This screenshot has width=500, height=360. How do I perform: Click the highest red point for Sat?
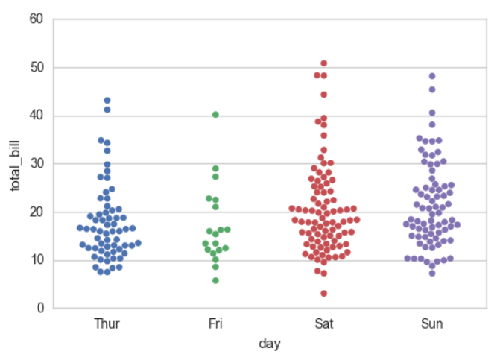coord(323,63)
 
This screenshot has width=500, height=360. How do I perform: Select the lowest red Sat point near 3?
coord(323,294)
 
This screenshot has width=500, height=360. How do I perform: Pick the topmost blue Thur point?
coord(107,101)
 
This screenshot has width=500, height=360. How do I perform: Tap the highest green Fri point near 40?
coord(215,115)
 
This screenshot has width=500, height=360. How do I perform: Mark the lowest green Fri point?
coord(215,280)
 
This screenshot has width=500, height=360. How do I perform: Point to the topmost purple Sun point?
coord(432,76)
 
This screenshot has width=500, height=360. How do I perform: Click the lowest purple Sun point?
coord(432,274)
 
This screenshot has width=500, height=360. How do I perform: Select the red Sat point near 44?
coord(323,95)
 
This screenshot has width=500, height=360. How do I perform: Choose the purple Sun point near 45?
coord(432,89)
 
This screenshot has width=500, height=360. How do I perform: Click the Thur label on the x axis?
coord(107,323)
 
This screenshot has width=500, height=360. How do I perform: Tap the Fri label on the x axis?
coord(215,323)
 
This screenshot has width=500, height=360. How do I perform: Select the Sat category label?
coord(324,323)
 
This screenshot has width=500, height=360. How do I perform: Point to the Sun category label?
coord(432,323)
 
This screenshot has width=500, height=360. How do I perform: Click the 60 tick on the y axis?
coord(37,19)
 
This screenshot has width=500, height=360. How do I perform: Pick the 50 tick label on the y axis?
coord(37,67)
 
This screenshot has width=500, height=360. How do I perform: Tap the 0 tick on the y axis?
coord(40,308)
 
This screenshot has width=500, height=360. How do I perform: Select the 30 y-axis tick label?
coord(37,163)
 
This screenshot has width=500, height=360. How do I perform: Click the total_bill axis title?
coord(15,165)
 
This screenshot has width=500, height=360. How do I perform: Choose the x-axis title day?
coord(270,344)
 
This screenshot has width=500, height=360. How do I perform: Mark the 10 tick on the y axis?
coord(37,260)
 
